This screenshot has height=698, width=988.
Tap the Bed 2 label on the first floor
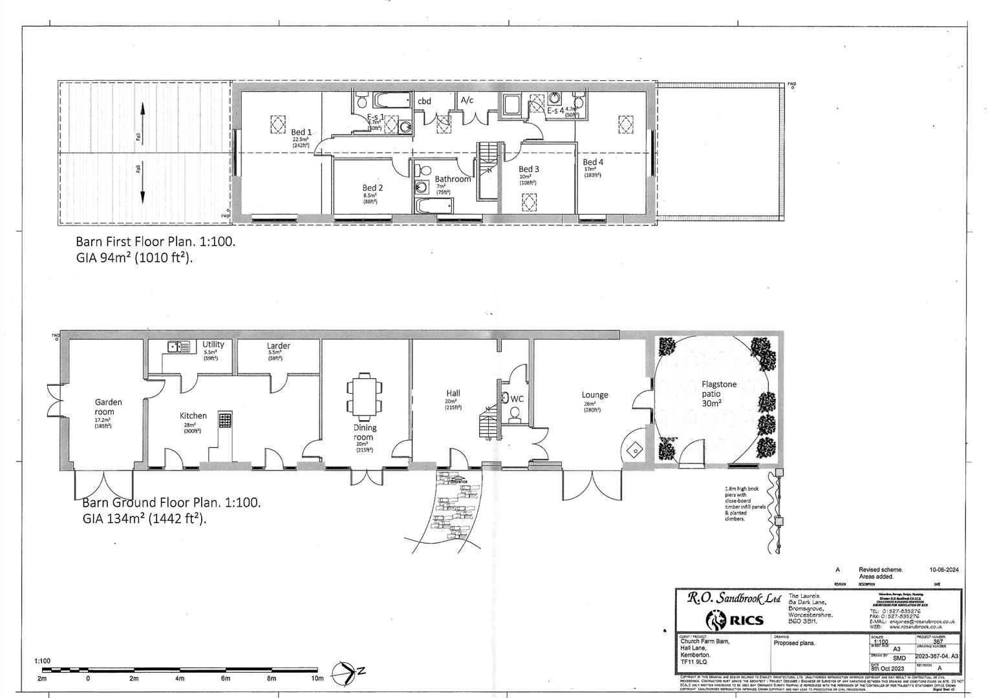pyautogui.click(x=372, y=188)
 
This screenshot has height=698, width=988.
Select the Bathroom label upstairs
pyautogui.click(x=453, y=179)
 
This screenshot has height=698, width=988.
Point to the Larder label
pyautogui.click(x=279, y=346)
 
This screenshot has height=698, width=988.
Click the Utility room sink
pyautogui.click(x=179, y=347)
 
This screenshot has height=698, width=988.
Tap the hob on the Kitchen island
pyautogui.click(x=225, y=420)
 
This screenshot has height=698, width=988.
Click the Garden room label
pyautogui.click(x=108, y=407)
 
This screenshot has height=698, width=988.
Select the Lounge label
pyautogui.click(x=594, y=395)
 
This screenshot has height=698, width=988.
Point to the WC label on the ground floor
pyautogui.click(x=517, y=399)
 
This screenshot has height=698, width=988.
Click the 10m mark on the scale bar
pyautogui.click(x=317, y=679)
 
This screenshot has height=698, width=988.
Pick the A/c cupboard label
pyautogui.click(x=467, y=100)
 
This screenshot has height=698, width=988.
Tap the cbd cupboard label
pyautogui.click(x=424, y=101)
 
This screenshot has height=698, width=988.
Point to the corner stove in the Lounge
pyautogui.click(x=634, y=449)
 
